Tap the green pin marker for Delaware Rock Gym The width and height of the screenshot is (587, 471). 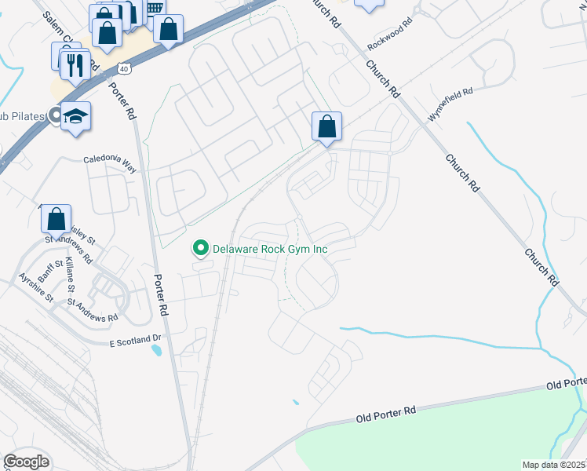[x=200, y=249]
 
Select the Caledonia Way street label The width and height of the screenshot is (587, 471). [x=111, y=164]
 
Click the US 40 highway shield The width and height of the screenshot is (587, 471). [x=126, y=69]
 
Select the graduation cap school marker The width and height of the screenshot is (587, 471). [x=75, y=117]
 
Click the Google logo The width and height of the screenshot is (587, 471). [x=26, y=462]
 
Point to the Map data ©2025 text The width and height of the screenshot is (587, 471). [x=554, y=465]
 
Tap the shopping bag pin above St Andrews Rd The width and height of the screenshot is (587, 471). [x=56, y=220]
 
